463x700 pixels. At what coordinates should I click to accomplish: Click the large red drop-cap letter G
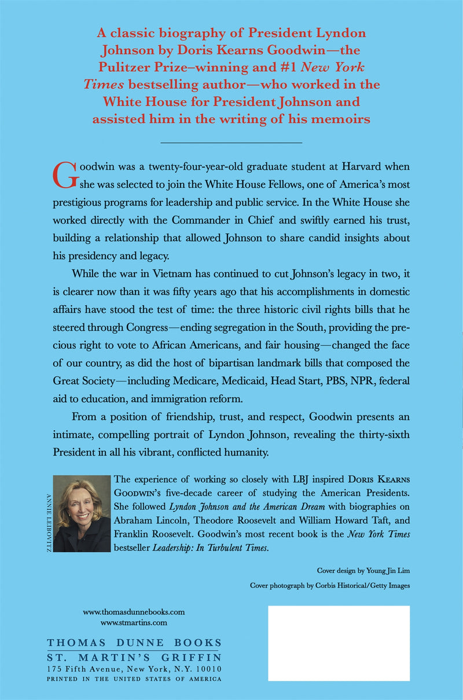[64, 174]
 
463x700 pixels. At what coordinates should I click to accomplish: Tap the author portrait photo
[81, 513]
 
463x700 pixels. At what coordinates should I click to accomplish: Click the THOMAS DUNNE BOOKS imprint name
[134, 643]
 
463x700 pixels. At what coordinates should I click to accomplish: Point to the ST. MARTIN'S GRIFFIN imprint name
[134, 658]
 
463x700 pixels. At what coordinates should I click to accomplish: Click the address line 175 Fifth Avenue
[134, 669]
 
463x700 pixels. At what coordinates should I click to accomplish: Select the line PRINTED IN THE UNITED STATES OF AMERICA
[134, 680]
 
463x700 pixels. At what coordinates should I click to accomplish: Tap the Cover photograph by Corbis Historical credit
[330, 585]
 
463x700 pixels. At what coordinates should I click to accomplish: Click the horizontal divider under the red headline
[231, 143]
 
